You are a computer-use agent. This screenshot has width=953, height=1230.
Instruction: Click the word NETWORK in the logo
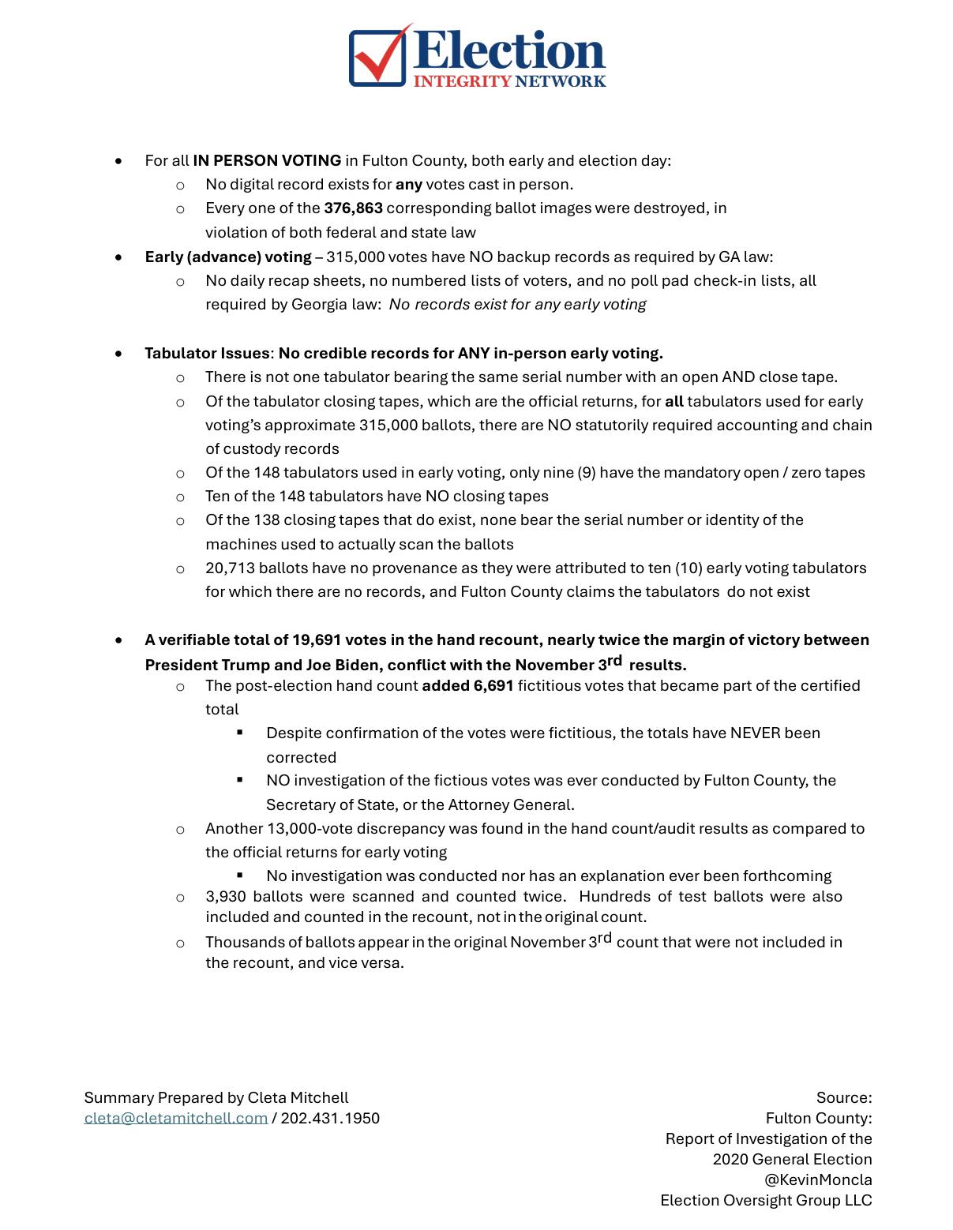click(x=560, y=81)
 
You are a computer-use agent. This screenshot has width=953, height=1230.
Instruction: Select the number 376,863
click(x=353, y=208)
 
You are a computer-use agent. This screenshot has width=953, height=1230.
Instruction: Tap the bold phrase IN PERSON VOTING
click(x=267, y=161)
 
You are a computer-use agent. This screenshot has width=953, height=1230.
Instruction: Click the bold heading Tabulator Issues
click(x=207, y=354)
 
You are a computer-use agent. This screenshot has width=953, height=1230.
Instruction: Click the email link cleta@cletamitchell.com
click(x=176, y=1119)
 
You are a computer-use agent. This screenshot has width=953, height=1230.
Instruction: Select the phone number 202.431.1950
click(x=330, y=1119)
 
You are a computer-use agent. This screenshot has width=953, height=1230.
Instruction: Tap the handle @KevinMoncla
click(x=818, y=1180)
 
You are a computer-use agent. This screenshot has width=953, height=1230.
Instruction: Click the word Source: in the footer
click(x=844, y=1098)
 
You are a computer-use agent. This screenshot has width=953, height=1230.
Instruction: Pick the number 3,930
click(x=226, y=897)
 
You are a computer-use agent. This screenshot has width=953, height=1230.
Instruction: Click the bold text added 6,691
click(x=467, y=686)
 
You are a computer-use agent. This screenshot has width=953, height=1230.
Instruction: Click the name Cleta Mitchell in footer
click(x=298, y=1098)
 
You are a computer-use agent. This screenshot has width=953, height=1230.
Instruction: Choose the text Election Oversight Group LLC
click(x=766, y=1201)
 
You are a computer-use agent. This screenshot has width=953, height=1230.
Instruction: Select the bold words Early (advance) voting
click(x=228, y=257)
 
